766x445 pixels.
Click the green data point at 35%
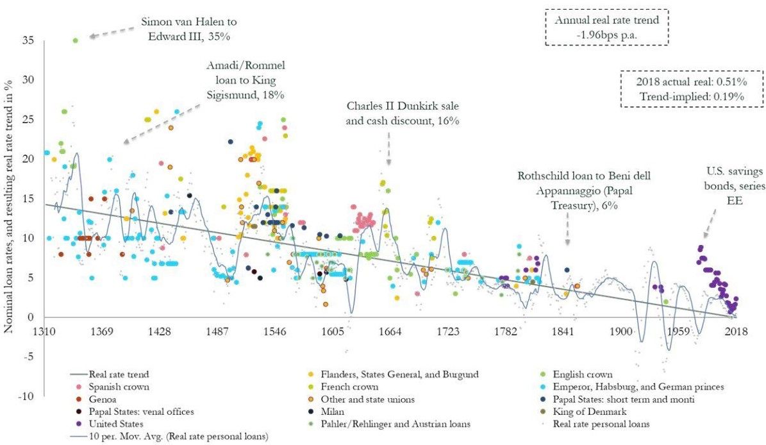click(75, 40)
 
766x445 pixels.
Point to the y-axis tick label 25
click(28, 120)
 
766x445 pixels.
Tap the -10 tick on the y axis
click(26, 397)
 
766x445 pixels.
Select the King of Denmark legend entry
click(591, 410)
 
